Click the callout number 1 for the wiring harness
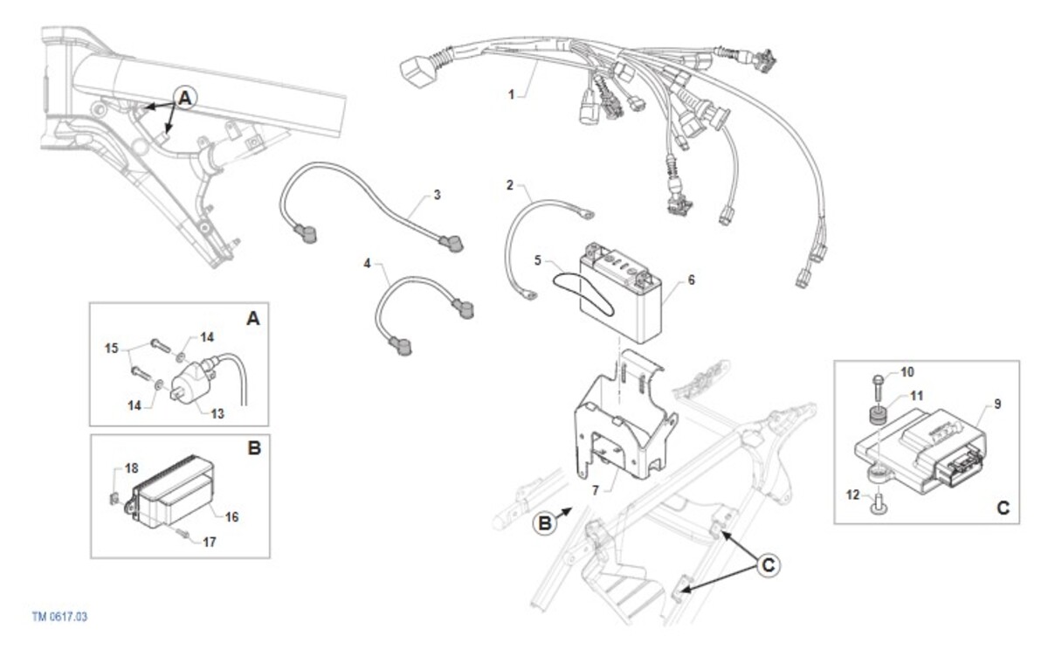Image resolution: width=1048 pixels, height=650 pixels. (512, 94)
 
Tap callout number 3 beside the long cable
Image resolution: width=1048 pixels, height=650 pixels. (437, 195)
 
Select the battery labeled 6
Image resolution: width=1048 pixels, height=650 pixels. (621, 294)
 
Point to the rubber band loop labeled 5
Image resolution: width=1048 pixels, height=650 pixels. (583, 294)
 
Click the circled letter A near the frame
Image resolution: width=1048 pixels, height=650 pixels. (185, 98)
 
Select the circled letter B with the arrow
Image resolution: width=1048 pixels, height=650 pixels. (545, 522)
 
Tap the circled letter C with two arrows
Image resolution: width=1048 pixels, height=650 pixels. (769, 565)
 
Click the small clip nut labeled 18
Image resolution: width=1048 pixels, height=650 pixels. (114, 499)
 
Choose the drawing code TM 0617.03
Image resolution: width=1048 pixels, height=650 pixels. (59, 617)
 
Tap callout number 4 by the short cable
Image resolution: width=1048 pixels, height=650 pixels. (368, 264)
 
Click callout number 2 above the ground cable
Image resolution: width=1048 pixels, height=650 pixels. (510, 185)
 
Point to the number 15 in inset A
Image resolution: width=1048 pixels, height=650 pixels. (112, 349)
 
